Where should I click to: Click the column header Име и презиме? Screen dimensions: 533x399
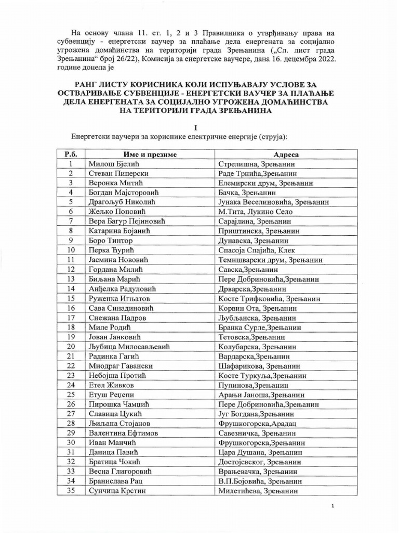pos(150,155)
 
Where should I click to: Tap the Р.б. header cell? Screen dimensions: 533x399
pos(71,155)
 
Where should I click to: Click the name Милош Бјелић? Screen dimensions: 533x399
pos(112,164)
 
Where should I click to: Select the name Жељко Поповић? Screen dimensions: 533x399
pos(116,212)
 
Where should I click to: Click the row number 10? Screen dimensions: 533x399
pos(71,250)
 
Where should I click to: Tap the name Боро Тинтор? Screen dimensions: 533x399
pos(111,241)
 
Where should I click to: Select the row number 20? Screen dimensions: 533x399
pos(71,347)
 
